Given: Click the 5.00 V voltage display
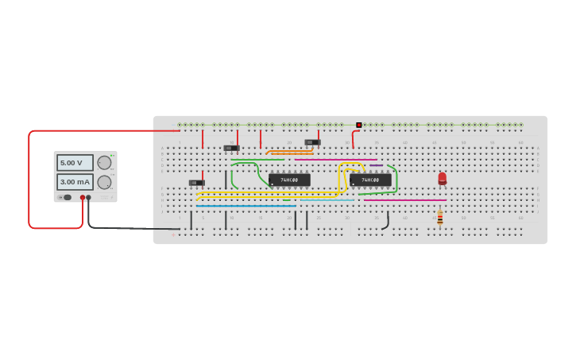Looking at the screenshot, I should coord(74,162).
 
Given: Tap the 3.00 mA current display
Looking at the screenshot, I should coord(74,182).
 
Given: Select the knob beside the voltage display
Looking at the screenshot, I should coord(104,162).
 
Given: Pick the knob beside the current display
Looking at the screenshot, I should coord(104,182).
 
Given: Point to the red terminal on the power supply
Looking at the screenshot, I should coord(82,197).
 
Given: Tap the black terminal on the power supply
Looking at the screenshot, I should coord(88,197).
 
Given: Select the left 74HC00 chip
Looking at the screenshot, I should coord(289,180).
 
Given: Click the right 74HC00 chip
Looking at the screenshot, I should coord(370,180).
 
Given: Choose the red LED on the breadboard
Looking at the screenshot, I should coord(443,178).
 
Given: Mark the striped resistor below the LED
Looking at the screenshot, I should coord(439,217).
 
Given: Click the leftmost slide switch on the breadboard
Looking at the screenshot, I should coord(196,183).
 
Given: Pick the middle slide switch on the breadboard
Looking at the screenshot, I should coord(231,148).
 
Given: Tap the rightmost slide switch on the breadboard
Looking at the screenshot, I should coord(312,142).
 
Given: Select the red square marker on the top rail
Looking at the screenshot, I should coord(359,125).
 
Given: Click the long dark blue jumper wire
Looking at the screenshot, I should coord(246,206).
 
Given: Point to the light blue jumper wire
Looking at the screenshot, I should coord(326,200).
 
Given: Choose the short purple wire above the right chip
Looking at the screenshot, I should coord(376,165).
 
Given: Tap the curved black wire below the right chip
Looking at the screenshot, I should coord(387,222).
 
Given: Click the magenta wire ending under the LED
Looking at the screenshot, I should coord(405,200).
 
